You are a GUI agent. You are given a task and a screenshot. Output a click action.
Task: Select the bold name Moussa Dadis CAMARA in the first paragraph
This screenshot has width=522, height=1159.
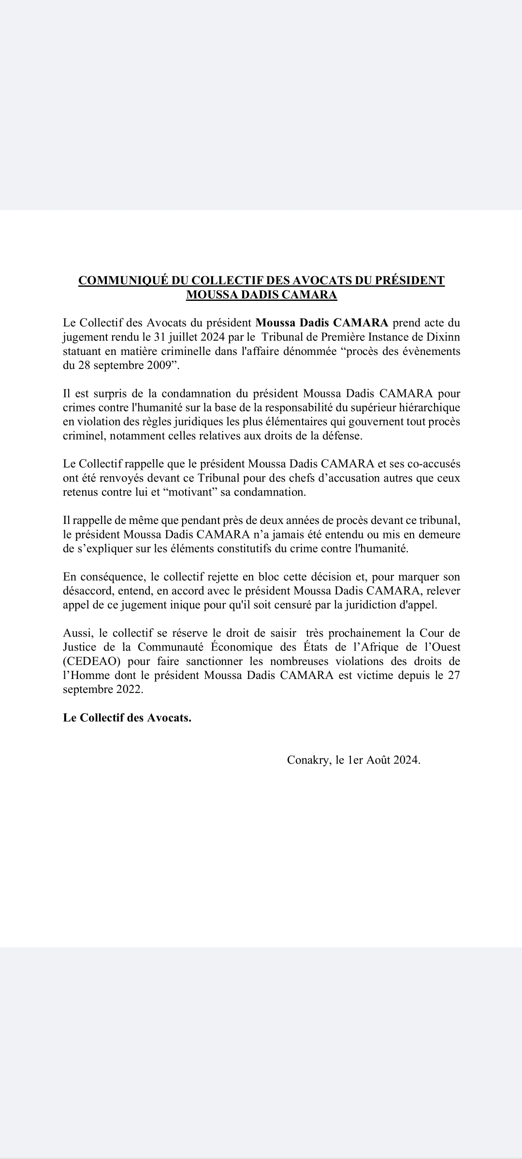(x=322, y=323)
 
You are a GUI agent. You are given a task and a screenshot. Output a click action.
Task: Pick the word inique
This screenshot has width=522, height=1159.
(x=163, y=605)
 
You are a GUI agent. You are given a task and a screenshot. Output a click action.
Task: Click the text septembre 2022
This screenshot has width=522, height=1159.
(x=103, y=690)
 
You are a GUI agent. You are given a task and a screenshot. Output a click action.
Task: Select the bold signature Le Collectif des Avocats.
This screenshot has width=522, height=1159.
(x=127, y=718)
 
